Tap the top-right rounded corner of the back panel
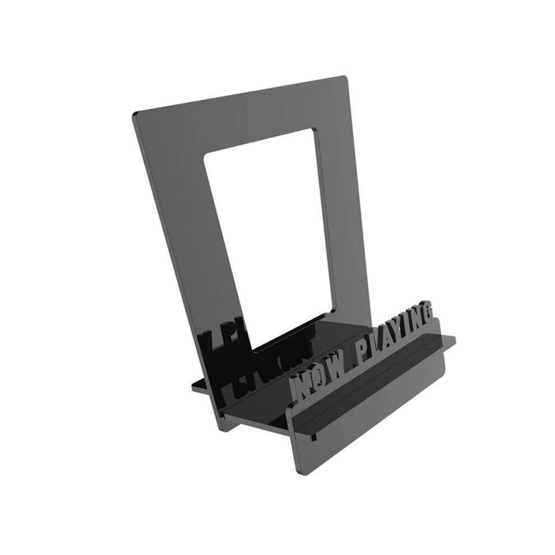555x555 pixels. pos(345,77)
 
